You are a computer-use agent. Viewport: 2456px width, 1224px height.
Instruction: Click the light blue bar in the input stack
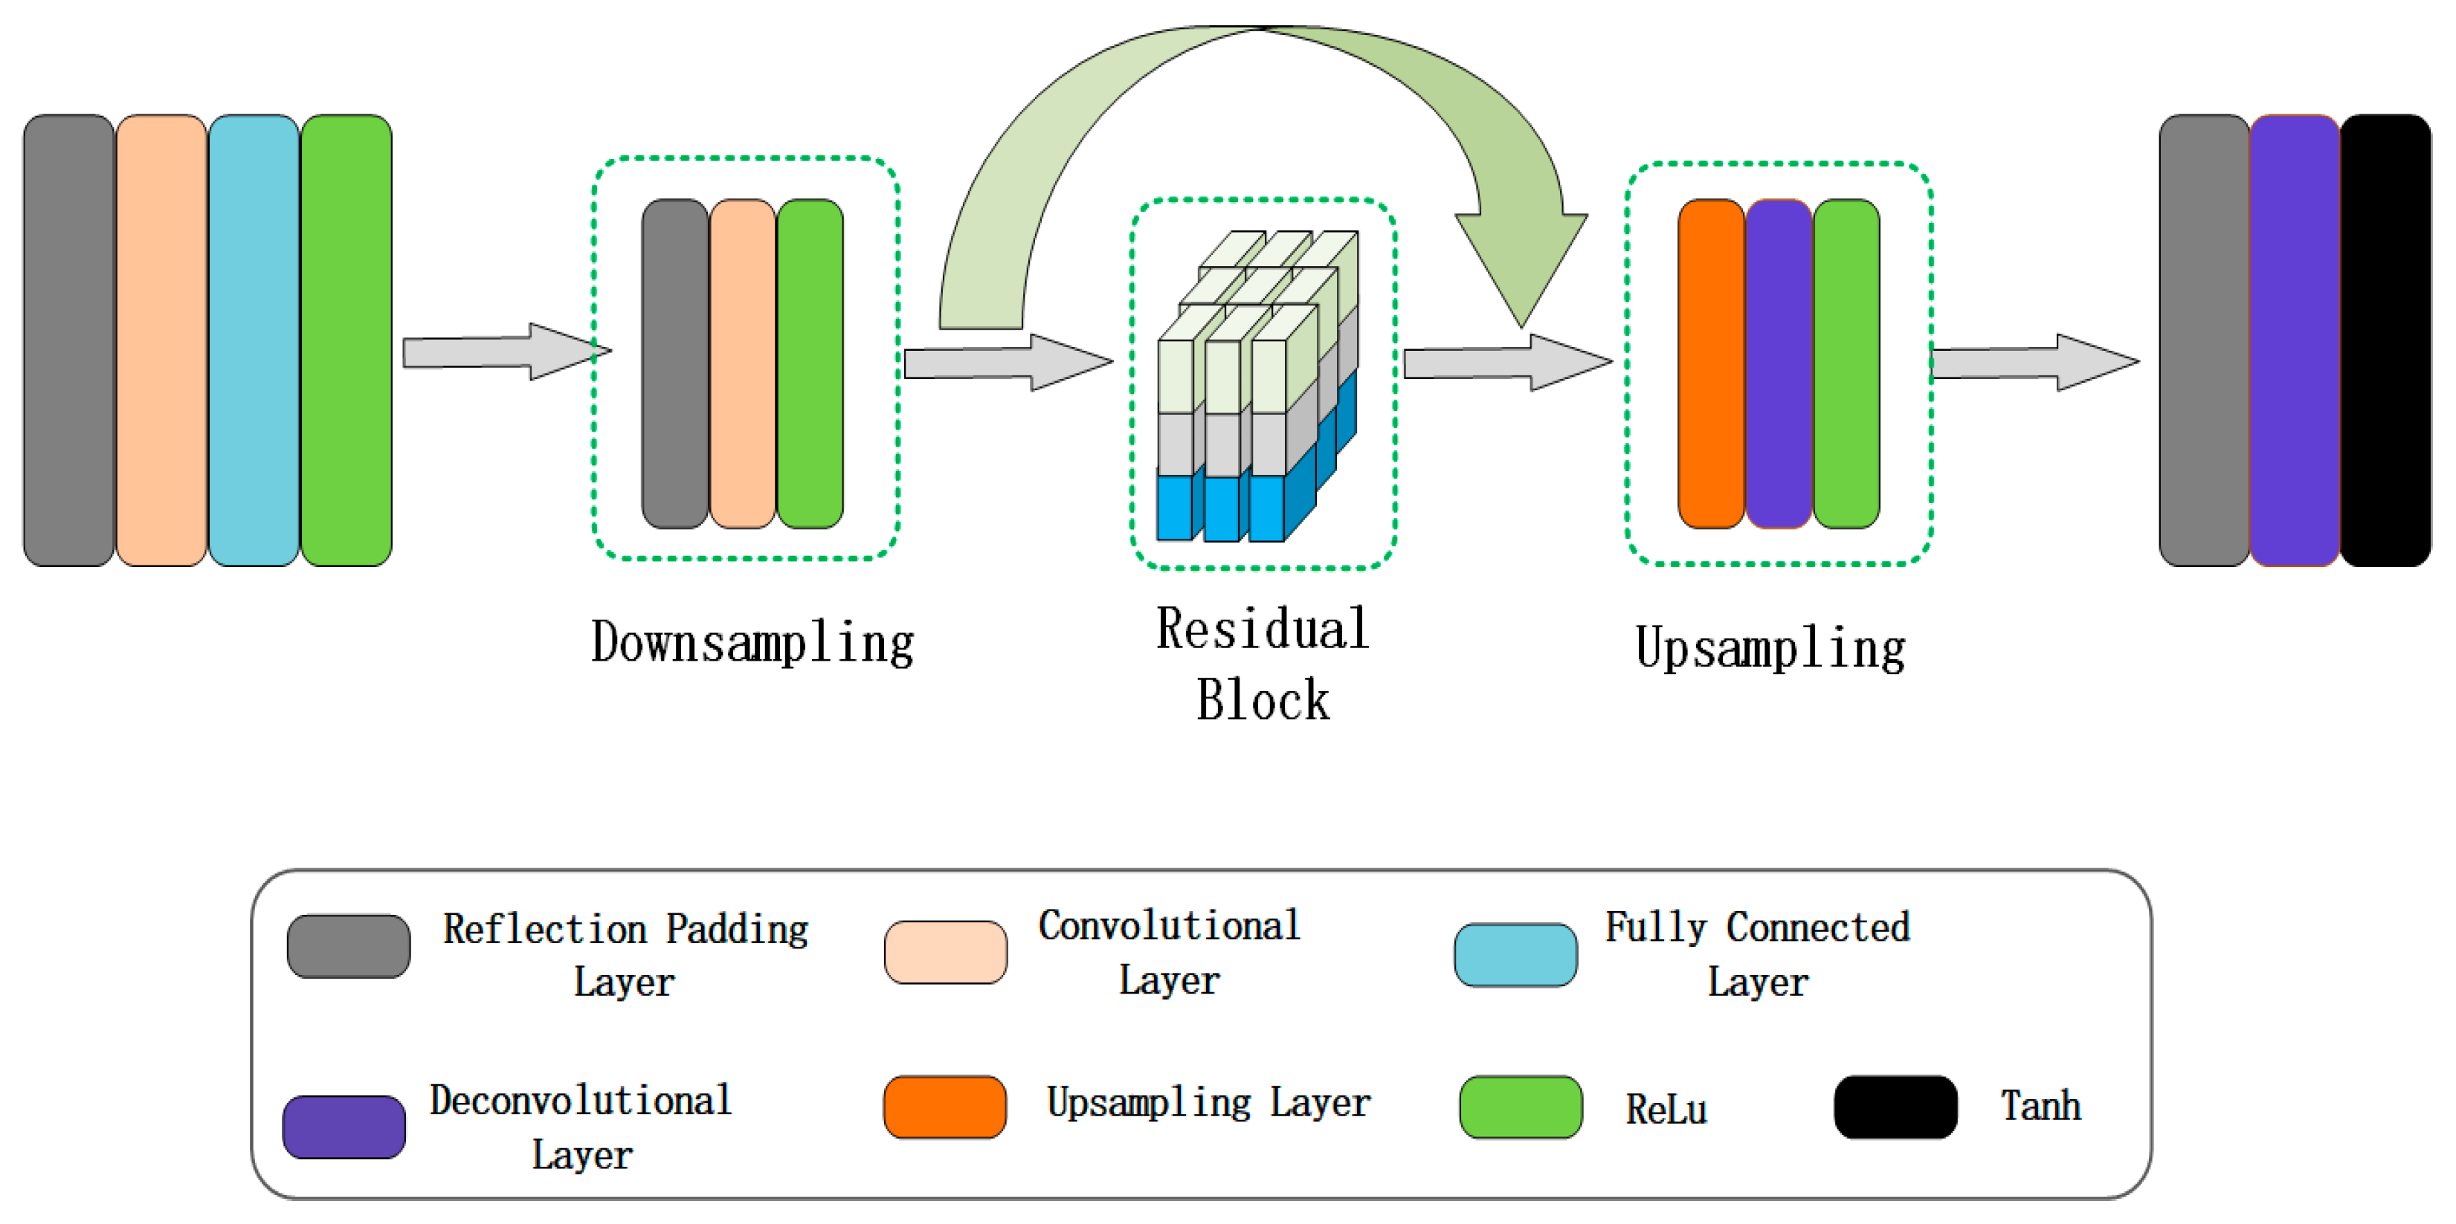[x=254, y=340]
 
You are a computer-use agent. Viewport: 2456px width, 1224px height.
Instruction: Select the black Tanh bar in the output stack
[x=2385, y=340]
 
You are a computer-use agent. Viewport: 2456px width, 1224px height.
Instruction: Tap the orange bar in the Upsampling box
[x=1712, y=363]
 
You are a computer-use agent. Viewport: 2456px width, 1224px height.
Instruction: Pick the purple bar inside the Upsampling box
[x=1779, y=363]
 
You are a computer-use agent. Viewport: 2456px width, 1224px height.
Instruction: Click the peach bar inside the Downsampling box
[x=743, y=363]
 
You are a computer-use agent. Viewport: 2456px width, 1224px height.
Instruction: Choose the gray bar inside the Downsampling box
[x=675, y=363]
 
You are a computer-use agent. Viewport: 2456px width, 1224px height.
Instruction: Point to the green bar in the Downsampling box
[x=810, y=363]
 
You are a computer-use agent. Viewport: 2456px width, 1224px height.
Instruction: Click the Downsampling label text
[x=753, y=643]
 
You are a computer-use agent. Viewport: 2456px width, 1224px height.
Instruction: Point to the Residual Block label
[x=1263, y=664]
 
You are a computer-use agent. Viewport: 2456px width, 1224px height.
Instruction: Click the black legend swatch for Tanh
[x=1895, y=1107]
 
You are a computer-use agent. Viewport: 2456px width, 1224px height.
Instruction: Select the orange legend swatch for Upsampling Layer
[x=945, y=1107]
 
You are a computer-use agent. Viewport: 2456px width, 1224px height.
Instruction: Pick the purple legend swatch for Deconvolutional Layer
[x=344, y=1127]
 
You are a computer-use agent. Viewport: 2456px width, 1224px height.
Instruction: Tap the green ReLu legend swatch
[x=1521, y=1107]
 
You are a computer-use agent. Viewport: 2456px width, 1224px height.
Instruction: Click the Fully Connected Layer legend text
[x=1758, y=953]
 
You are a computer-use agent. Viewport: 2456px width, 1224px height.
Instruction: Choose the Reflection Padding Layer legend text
[x=625, y=955]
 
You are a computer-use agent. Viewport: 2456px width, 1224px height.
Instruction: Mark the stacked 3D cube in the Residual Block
[x=1257, y=386]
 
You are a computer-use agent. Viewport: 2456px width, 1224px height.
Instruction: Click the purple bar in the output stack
[x=2294, y=340]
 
